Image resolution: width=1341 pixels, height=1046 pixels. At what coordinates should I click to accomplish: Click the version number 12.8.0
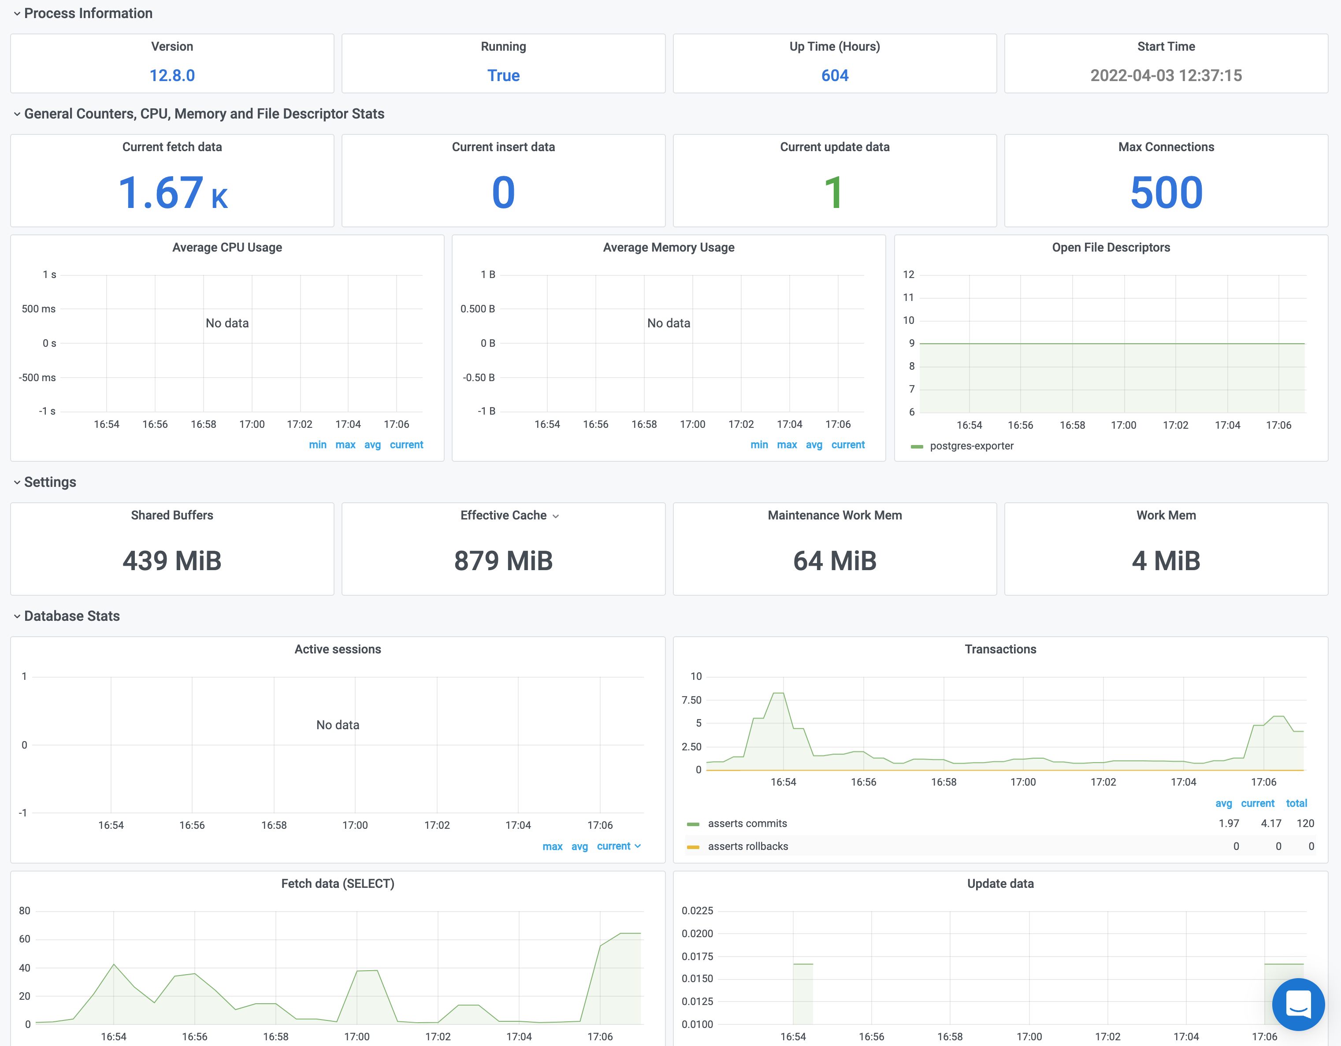172,75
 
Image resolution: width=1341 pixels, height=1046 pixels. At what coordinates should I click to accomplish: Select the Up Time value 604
835,75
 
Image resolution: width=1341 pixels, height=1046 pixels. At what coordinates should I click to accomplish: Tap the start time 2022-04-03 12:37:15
1166,75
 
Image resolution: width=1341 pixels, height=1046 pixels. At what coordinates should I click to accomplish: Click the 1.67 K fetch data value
172,193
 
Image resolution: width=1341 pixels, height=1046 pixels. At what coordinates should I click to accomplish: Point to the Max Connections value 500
1166,193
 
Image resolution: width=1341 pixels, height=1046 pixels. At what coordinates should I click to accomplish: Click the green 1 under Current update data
833,193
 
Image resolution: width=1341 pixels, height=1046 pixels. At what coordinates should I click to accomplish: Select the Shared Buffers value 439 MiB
172,560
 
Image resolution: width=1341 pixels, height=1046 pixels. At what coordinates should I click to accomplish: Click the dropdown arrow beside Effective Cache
556,516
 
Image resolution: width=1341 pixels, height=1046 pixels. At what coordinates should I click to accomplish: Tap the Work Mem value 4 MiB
1166,560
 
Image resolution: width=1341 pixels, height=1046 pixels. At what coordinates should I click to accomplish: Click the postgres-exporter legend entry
971,445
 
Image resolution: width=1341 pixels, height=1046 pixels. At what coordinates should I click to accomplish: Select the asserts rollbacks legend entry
747,846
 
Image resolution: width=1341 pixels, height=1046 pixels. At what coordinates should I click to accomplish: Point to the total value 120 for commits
1305,823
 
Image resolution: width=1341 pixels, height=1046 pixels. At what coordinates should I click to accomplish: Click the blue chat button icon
1298,1004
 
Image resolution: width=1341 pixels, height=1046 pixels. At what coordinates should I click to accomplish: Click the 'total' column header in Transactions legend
1296,803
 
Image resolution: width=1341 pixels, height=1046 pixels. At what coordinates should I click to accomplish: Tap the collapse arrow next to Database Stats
17,616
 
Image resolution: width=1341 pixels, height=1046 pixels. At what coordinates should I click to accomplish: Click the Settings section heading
50,482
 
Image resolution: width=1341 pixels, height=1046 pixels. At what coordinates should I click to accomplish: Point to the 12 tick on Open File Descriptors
908,274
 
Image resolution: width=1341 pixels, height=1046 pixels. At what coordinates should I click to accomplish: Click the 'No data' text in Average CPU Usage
227,323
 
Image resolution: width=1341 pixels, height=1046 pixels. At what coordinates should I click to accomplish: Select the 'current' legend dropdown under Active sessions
618,846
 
